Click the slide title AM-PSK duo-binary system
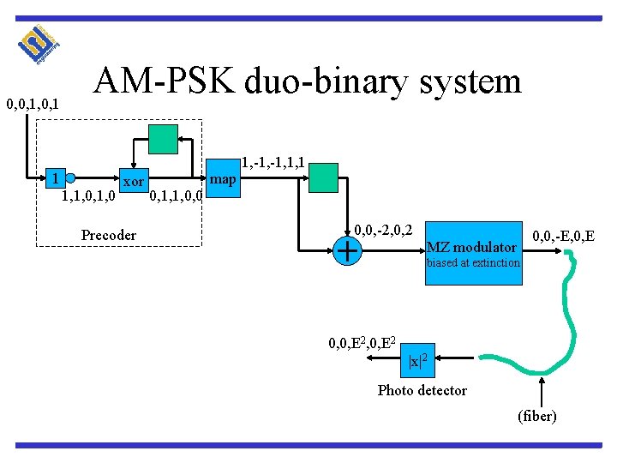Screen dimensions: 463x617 pos(308,81)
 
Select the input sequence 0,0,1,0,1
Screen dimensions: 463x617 pos(32,105)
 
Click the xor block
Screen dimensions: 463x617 pos(133,182)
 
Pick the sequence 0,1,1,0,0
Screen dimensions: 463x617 pos(177,198)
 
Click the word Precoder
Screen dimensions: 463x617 pos(108,235)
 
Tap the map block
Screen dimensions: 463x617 pos(223,179)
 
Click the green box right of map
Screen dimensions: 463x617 pos(323,177)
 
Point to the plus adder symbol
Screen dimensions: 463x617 pos(347,250)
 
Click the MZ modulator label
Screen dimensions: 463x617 pos(471,248)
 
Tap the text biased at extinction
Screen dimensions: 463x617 pos(473,263)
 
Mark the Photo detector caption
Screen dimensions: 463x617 pos(422,390)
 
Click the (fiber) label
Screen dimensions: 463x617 pos(537,416)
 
